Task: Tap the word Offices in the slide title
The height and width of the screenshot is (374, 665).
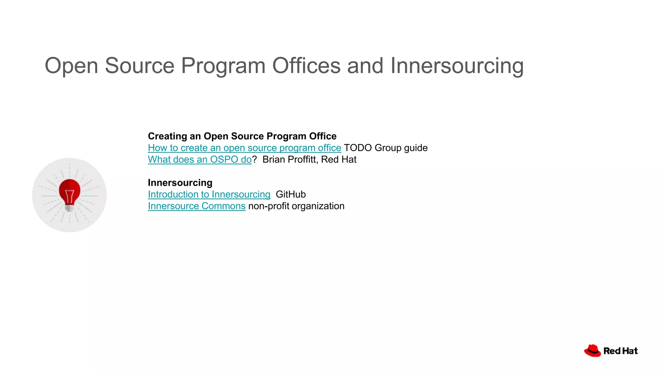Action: [306, 66]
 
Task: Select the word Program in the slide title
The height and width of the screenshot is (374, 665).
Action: [223, 66]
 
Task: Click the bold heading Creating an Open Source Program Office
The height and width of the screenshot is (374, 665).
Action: [242, 136]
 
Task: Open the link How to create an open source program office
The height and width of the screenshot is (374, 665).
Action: [244, 148]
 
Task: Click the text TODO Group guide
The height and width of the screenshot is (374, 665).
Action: [385, 148]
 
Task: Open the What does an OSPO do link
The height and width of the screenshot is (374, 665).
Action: [199, 160]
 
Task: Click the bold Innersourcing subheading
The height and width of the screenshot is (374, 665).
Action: [180, 183]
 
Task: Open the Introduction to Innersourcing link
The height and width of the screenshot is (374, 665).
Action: [209, 194]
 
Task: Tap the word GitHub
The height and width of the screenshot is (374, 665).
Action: [291, 194]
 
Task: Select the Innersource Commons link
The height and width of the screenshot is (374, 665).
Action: [196, 206]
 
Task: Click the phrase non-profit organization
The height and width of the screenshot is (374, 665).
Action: [296, 206]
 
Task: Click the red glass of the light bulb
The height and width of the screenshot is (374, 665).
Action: [69, 190]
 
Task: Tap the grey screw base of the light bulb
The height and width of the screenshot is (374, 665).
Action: [69, 207]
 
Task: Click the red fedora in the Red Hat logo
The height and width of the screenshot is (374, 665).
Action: [592, 351]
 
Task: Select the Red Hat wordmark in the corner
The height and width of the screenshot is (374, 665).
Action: [621, 351]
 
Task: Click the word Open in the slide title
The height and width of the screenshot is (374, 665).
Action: [71, 66]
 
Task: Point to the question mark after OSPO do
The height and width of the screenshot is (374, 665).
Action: [255, 160]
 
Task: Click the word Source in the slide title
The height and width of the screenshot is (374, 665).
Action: [140, 66]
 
